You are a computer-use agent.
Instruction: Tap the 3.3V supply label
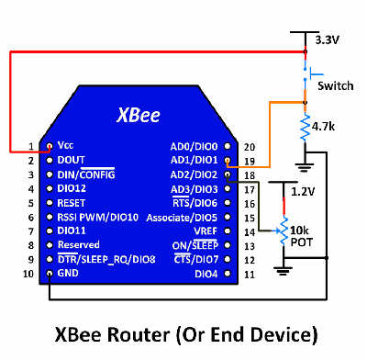(327, 40)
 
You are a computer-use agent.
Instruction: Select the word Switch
(334, 85)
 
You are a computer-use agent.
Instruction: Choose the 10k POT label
(303, 234)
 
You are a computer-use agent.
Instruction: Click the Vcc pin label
(66, 146)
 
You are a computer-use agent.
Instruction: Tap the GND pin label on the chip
(67, 274)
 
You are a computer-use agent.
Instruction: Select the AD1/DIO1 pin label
(194, 161)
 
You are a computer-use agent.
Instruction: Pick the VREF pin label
(206, 231)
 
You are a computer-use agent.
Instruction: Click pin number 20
(248, 146)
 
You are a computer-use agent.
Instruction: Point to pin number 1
(30, 146)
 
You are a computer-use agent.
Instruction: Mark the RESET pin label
(72, 203)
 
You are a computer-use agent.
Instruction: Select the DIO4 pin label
(206, 274)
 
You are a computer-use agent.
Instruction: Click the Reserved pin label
(79, 245)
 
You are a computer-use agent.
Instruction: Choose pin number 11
(248, 274)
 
